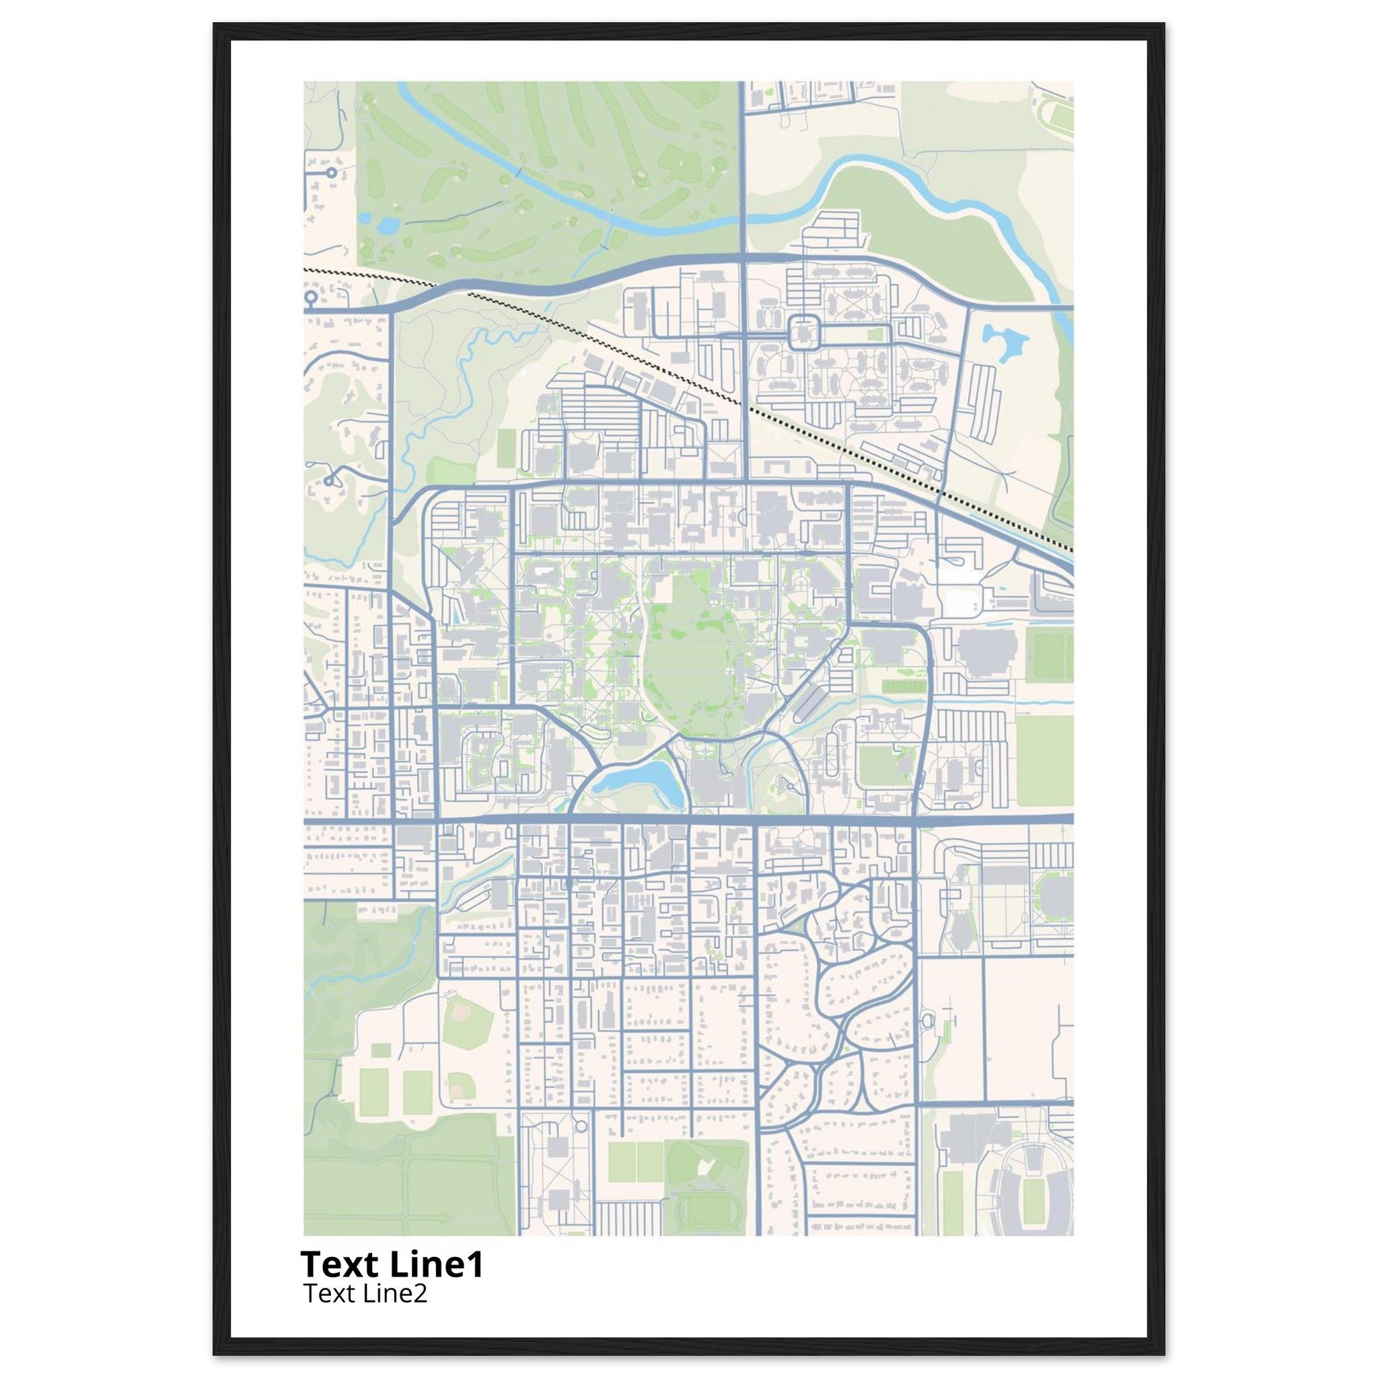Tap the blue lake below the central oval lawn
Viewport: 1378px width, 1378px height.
(x=637, y=780)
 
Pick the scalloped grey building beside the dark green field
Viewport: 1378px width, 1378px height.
(x=986, y=653)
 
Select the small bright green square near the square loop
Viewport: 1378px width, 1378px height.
(x=874, y=334)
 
